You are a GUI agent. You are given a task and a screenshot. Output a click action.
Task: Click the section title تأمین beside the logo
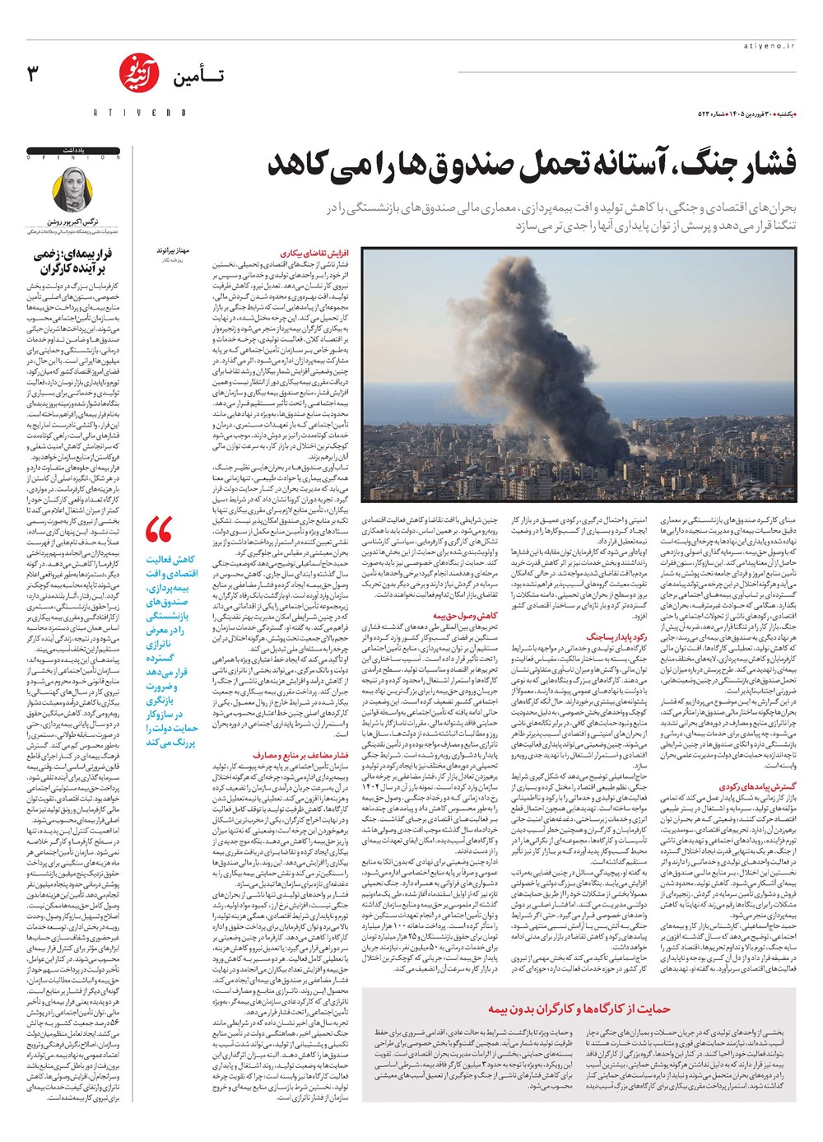point(198,79)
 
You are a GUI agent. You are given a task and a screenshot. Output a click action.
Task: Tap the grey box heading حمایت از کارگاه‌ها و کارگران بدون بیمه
point(579,1009)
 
